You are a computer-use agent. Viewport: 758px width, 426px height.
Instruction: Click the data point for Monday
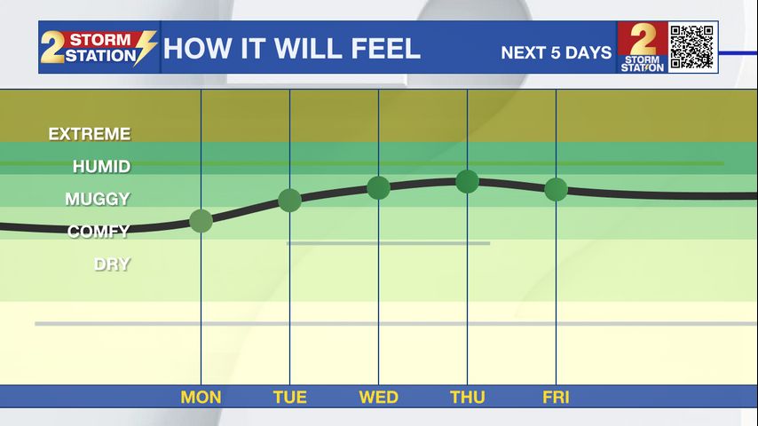201,221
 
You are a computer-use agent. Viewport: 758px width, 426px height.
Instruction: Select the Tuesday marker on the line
290,201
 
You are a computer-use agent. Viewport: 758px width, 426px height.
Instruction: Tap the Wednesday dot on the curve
378,187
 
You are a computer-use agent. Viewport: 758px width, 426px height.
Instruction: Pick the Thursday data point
468,182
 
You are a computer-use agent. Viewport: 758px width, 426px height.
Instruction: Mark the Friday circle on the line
556,189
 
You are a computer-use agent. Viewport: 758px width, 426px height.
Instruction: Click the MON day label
201,398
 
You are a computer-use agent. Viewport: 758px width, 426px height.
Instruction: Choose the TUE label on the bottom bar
290,398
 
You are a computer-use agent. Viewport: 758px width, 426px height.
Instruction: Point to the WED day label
378,398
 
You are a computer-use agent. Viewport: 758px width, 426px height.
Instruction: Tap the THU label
468,398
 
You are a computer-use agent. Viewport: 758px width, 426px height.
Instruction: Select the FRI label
556,398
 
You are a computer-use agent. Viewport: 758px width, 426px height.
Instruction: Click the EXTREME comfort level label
90,134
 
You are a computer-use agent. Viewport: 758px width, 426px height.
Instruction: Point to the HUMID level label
101,166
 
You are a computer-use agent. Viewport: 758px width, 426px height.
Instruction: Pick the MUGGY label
98,199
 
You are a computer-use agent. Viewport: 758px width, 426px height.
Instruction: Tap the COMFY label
99,232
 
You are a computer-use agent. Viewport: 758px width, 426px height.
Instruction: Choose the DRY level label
112,264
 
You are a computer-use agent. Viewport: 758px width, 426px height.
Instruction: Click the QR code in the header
692,47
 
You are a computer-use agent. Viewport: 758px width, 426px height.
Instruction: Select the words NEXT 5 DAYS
557,52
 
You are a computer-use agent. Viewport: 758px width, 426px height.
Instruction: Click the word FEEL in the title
386,49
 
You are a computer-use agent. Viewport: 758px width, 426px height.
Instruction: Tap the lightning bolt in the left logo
145,48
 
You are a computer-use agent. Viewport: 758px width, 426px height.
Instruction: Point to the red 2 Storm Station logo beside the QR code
643,47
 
